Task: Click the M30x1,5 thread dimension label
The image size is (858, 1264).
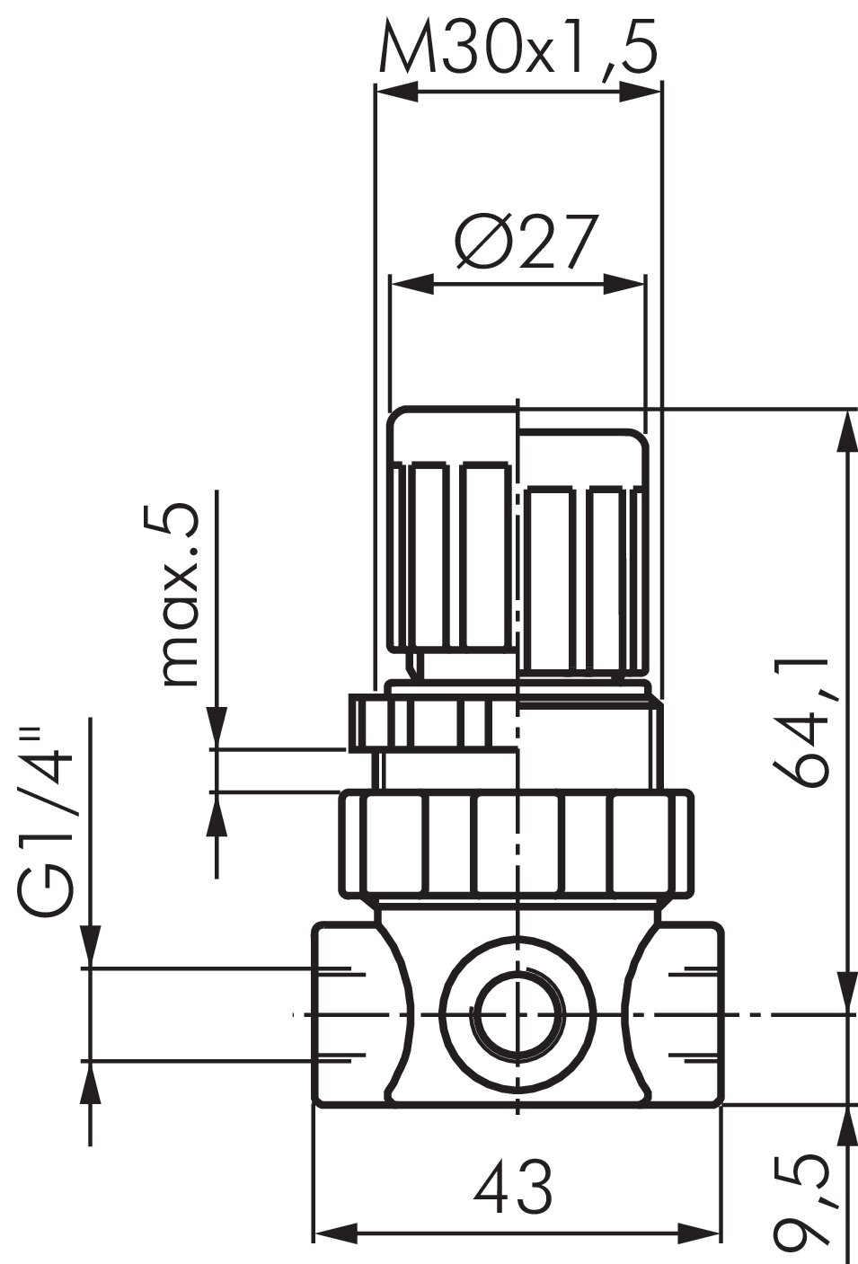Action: pyautogui.click(x=518, y=48)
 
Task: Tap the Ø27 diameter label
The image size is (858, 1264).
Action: pyautogui.click(x=525, y=243)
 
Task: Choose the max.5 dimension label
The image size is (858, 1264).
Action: pyautogui.click(x=181, y=595)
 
